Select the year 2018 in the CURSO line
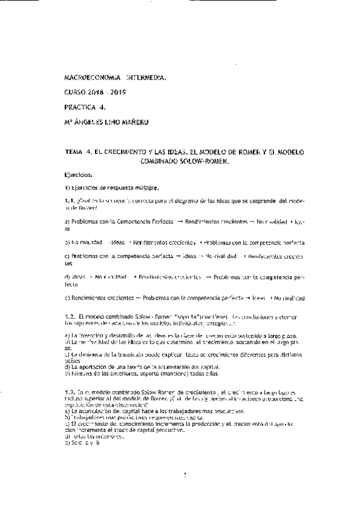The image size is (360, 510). (x=96, y=93)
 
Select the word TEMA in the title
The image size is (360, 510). (x=75, y=153)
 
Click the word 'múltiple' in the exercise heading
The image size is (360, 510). (x=145, y=188)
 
